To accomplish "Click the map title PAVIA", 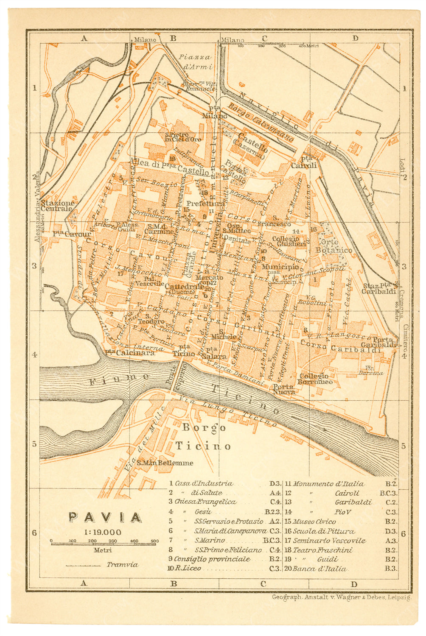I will [x=105, y=517].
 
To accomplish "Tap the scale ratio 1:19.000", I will [x=102, y=532].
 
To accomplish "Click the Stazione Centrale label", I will [x=57, y=206].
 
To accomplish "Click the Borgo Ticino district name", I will [x=204, y=437].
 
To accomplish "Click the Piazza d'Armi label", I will [x=195, y=62].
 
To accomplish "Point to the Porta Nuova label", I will [x=283, y=389].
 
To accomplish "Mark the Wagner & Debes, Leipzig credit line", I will [x=342, y=597].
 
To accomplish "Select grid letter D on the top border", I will [x=355, y=38].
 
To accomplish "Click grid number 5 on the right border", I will [x=403, y=446].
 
